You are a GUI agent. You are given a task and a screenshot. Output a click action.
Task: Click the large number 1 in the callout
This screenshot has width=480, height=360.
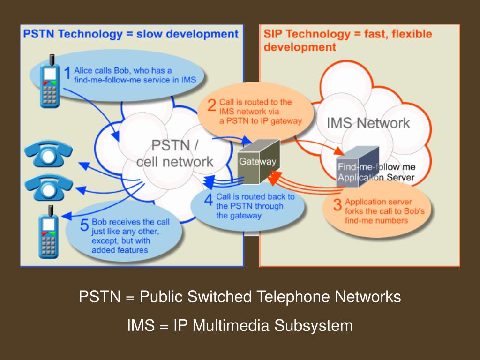point(67,74)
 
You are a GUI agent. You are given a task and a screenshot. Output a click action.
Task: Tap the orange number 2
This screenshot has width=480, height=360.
point(212,105)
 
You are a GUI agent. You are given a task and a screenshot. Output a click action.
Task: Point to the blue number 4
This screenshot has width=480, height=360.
point(209,200)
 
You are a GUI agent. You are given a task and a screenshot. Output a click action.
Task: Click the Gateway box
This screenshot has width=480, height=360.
point(257,162)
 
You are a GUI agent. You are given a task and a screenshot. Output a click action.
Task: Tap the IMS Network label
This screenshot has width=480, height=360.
point(368,123)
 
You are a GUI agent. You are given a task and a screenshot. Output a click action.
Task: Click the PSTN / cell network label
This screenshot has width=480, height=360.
point(175,154)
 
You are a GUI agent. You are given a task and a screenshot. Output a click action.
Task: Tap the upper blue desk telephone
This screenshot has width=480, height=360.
point(48,155)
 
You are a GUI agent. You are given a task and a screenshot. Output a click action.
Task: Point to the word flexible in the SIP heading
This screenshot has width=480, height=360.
point(411,34)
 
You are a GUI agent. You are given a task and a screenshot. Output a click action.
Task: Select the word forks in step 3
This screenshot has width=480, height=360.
point(355,211)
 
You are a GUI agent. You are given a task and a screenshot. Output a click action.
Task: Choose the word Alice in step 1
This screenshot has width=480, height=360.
point(83,71)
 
